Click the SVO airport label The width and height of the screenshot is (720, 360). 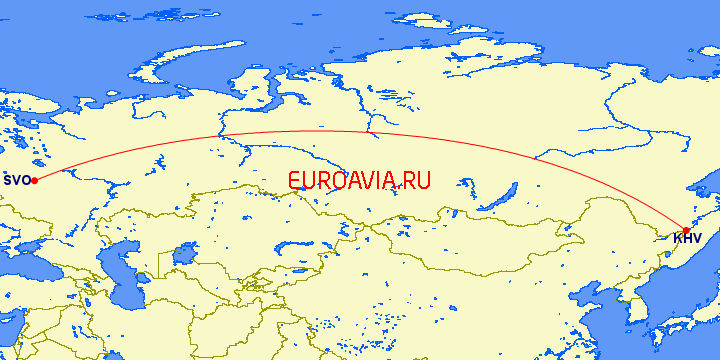[15, 181]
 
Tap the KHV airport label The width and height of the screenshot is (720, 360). [687, 239]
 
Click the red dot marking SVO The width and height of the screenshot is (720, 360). [34, 180]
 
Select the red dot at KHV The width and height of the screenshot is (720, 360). [686, 231]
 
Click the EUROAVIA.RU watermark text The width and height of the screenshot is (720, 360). [359, 181]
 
